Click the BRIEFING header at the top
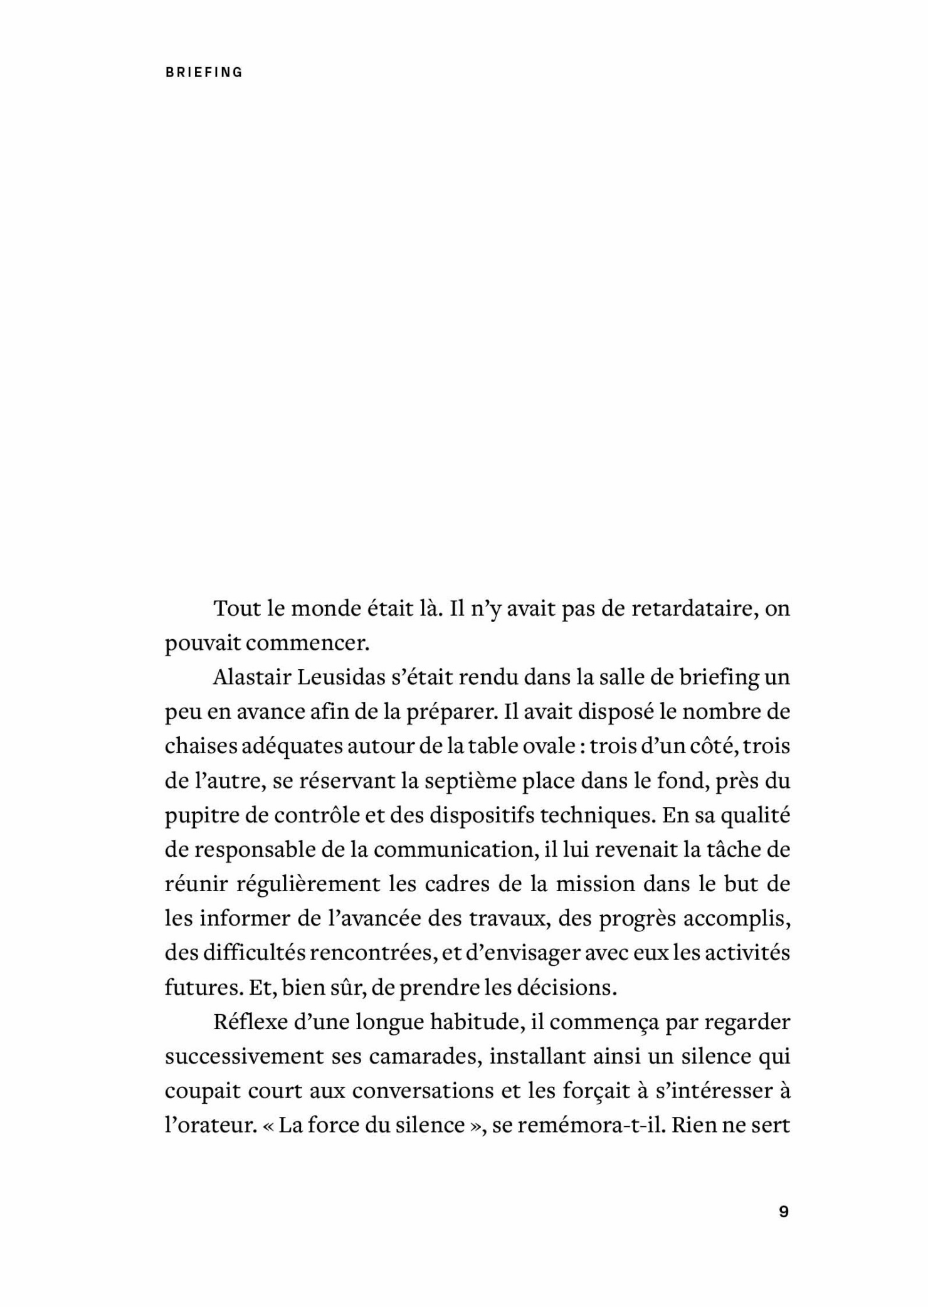point(204,72)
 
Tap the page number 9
point(783,1212)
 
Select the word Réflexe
point(247,1022)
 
